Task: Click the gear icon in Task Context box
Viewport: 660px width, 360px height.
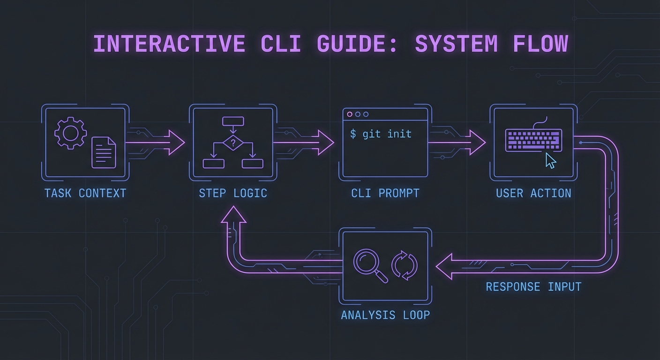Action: [70, 134]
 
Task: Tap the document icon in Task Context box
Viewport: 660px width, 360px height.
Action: [104, 152]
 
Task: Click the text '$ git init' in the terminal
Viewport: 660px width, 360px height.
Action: [381, 134]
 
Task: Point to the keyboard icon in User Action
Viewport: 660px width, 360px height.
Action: [533, 140]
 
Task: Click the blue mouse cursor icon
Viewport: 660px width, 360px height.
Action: [551, 161]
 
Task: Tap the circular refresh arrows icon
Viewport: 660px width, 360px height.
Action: [405, 265]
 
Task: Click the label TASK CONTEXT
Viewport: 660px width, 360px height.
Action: [85, 193]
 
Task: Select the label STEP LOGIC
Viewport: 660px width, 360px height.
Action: [233, 193]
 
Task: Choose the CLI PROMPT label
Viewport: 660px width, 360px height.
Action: [385, 193]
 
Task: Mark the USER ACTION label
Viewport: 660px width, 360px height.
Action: [533, 193]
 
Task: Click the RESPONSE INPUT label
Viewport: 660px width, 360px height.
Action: [533, 286]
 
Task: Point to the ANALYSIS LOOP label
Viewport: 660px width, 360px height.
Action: [385, 315]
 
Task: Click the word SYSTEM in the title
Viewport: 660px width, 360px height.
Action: [456, 44]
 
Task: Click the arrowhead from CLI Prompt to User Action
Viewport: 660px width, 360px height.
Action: [477, 142]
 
